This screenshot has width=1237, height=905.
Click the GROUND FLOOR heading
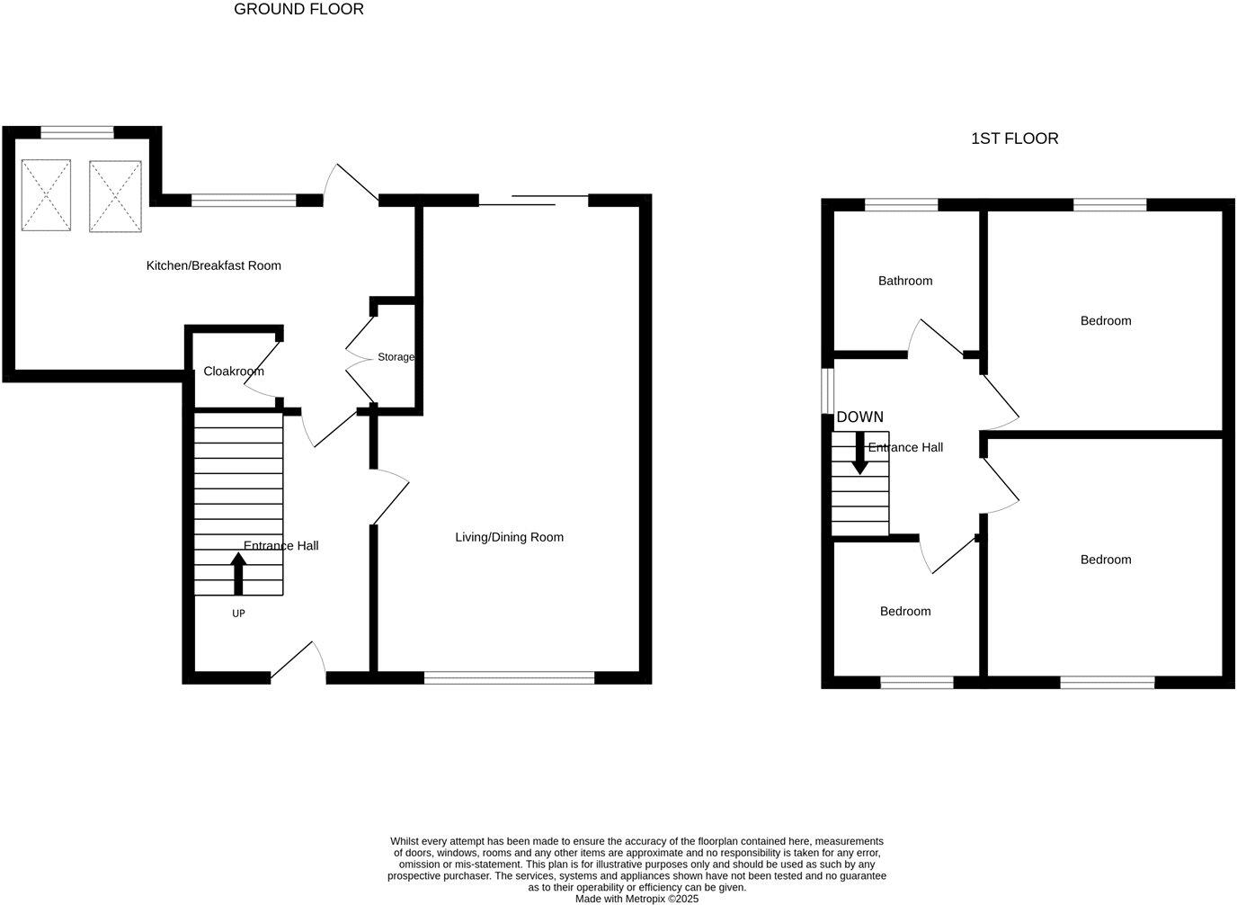tap(298, 10)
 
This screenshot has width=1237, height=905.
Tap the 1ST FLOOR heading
tap(1014, 139)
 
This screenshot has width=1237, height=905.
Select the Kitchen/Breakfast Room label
tap(214, 265)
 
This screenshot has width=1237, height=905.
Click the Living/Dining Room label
tap(509, 537)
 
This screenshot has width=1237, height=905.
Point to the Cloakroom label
tap(234, 371)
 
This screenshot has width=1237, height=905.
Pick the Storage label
tap(396, 357)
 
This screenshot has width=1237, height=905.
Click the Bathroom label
tap(905, 281)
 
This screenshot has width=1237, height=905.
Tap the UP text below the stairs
tap(238, 614)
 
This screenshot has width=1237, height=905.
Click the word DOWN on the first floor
tap(859, 417)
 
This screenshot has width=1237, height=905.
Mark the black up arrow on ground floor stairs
tap(238, 573)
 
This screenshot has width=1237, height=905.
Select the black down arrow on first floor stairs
tap(859, 453)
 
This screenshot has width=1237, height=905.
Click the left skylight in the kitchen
tap(46, 194)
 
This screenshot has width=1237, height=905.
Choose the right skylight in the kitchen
tap(115, 196)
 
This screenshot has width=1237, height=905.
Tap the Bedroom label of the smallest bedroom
tap(905, 612)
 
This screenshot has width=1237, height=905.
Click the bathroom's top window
tap(901, 205)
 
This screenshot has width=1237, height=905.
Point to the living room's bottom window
tap(509, 677)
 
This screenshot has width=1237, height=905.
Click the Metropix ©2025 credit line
tap(636, 899)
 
